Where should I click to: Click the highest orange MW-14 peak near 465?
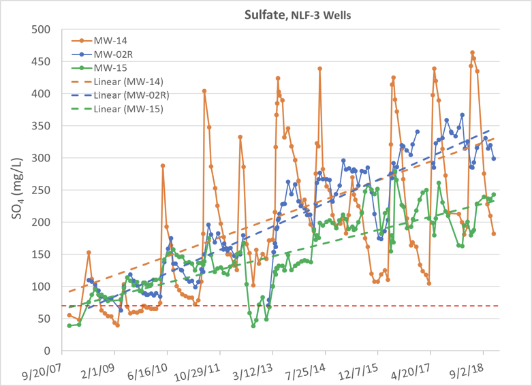tap(472, 52)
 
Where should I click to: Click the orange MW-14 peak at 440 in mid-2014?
tap(319, 69)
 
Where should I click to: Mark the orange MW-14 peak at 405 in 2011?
tap(204, 91)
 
